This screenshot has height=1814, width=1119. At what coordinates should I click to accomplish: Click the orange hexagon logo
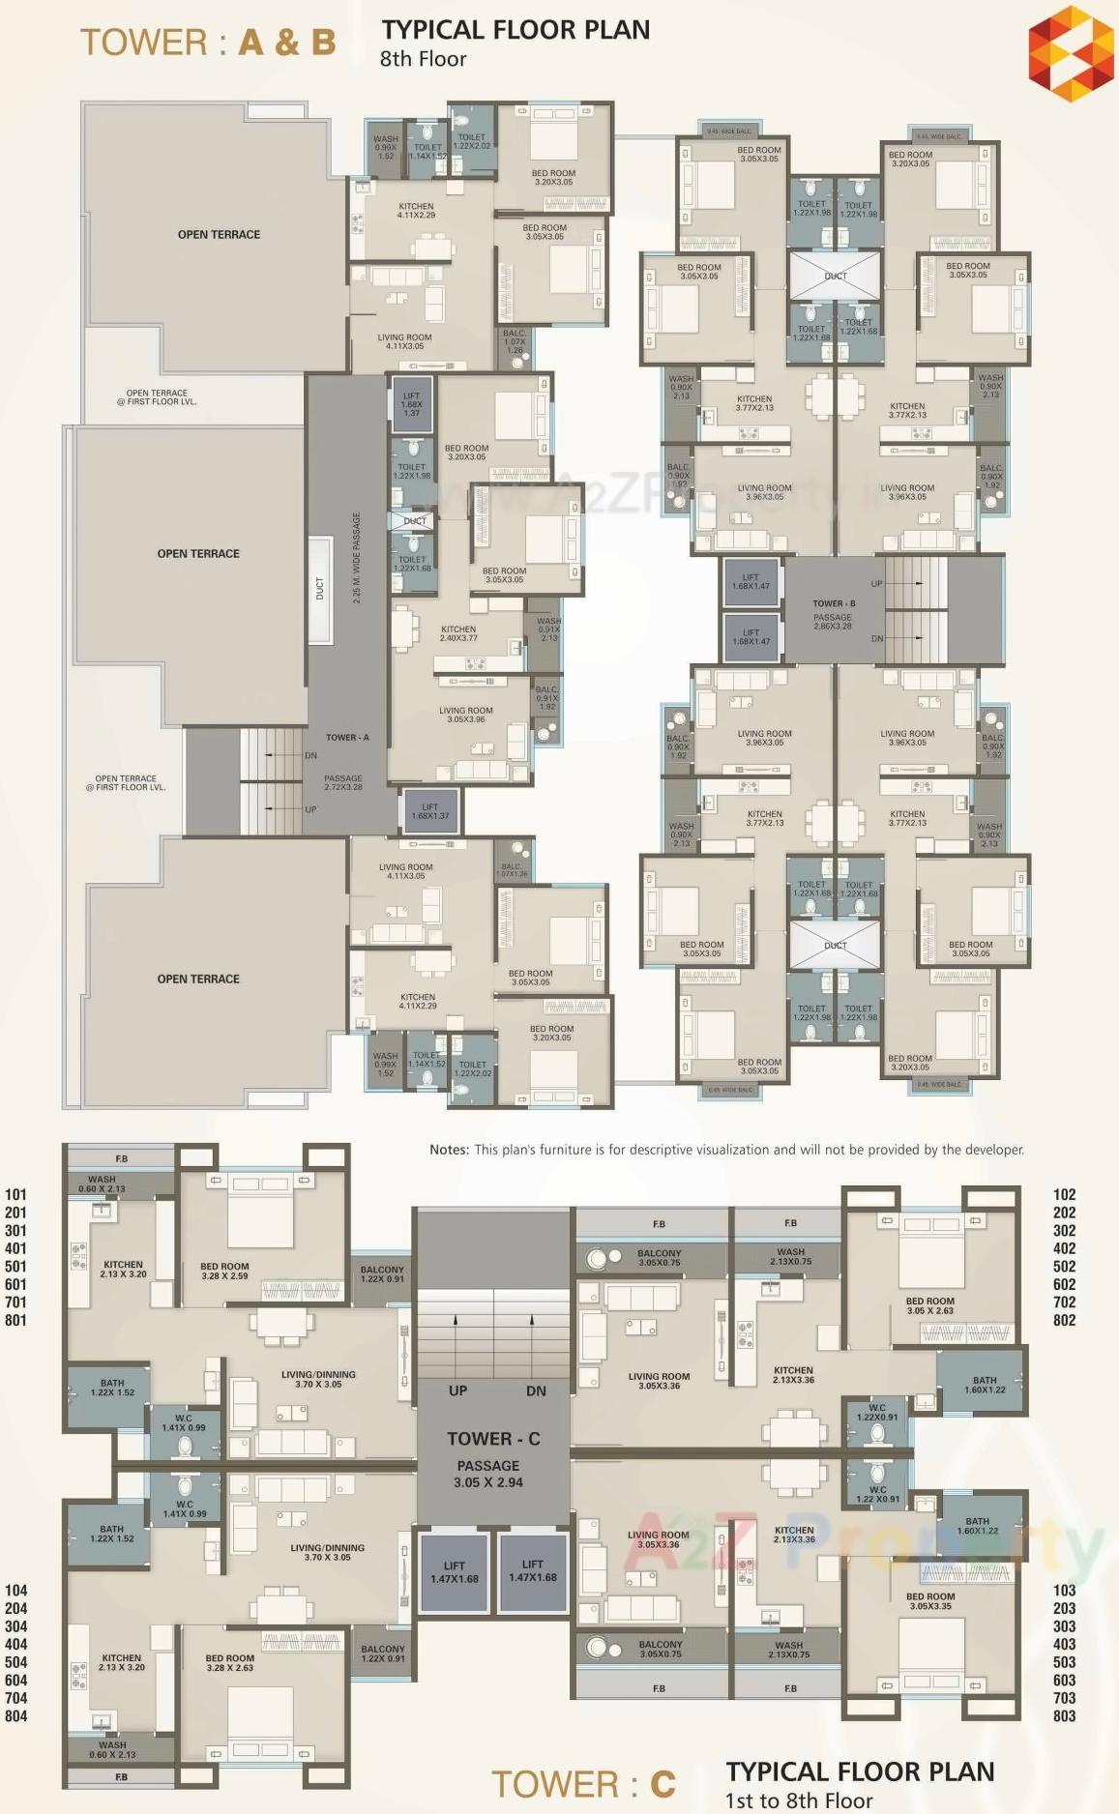[1071, 52]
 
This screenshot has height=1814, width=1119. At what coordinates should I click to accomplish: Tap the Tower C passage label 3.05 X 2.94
[487, 1481]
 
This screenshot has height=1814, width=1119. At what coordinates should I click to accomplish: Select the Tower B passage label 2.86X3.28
[832, 626]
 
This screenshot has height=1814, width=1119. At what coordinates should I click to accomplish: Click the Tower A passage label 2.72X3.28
[343, 787]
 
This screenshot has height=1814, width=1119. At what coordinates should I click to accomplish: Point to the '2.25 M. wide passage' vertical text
[356, 558]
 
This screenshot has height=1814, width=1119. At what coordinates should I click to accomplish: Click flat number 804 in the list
[15, 1715]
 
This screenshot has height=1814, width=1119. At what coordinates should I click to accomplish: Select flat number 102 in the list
[1064, 1194]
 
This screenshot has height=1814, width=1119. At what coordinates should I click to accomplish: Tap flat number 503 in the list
[1064, 1662]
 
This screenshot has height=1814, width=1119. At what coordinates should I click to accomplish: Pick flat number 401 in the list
[15, 1248]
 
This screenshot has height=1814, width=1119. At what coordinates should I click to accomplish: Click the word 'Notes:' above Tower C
[449, 1150]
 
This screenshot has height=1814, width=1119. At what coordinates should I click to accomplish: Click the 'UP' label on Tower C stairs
[457, 1390]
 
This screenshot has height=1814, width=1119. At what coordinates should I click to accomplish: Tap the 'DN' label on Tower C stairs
[536, 1390]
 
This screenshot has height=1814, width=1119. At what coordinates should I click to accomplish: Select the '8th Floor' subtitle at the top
[423, 59]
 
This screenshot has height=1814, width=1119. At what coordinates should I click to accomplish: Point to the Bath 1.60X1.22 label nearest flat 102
[985, 1385]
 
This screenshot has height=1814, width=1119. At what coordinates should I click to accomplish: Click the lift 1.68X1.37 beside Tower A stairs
[429, 810]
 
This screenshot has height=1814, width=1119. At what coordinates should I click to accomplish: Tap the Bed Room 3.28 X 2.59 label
[224, 1271]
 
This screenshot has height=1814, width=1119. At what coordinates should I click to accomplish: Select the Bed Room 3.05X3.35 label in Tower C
[930, 1601]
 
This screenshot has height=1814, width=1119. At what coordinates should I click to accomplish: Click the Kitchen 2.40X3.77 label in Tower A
[458, 633]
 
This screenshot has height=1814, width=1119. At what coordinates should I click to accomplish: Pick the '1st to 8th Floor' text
[799, 1799]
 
